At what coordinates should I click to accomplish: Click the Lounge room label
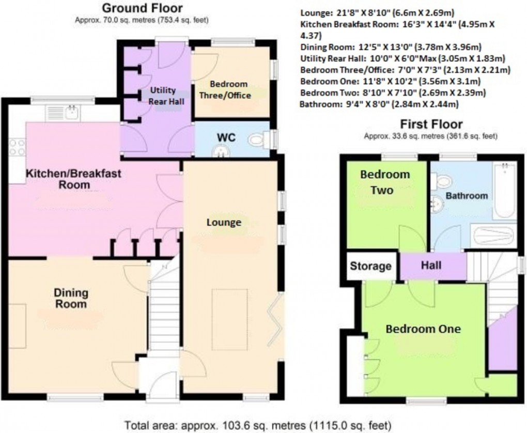pos(224,223)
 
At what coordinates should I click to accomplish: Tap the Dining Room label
pos(71,298)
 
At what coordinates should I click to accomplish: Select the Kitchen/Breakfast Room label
pos(74,179)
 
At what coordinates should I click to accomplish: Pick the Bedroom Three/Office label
pos(231,90)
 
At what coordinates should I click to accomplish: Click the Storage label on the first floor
pos(370,266)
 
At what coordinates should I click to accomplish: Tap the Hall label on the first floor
pos(431,266)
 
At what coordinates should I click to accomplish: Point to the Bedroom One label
pos(423,329)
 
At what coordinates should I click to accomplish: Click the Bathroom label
pos(467,196)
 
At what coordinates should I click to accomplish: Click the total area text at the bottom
pos(263,425)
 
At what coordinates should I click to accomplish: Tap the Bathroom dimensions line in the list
pos(379,105)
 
